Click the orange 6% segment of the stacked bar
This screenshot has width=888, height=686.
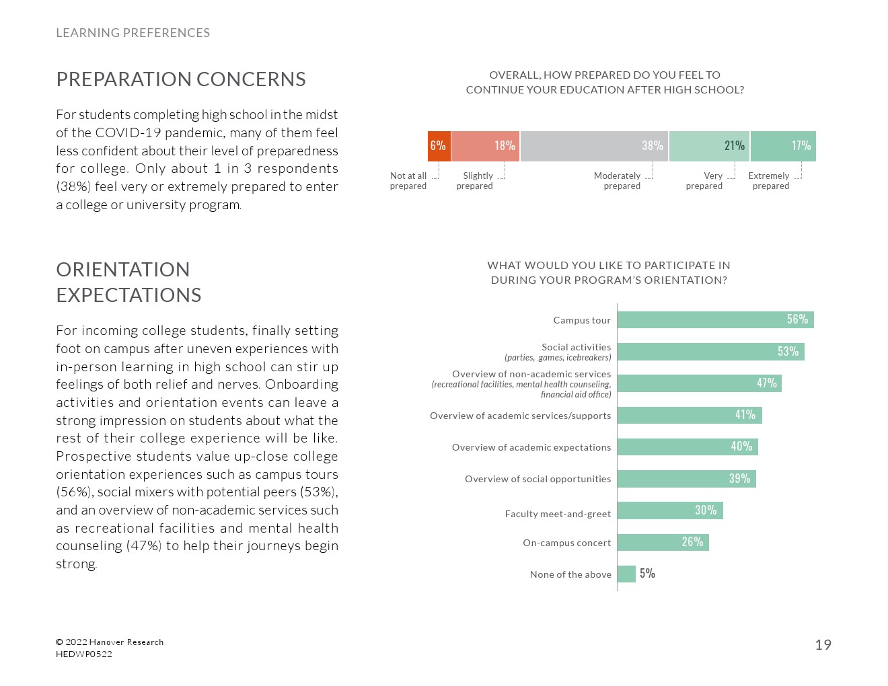pyautogui.click(x=439, y=146)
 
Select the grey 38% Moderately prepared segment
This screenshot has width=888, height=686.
pyautogui.click(x=594, y=146)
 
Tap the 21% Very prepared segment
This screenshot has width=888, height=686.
pyautogui.click(x=709, y=146)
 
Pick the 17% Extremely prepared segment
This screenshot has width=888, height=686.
pyautogui.click(x=783, y=146)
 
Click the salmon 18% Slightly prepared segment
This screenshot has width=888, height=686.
pyautogui.click(x=485, y=146)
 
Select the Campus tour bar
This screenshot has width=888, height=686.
pyautogui.click(x=715, y=319)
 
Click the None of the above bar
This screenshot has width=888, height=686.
pyautogui.click(x=626, y=574)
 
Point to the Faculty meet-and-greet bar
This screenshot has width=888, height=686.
pyautogui.click(x=669, y=510)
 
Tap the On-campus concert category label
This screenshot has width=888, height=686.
pyautogui.click(x=566, y=543)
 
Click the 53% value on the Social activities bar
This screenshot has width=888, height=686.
pyautogui.click(x=788, y=351)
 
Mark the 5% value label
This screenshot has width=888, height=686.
pyautogui.click(x=647, y=574)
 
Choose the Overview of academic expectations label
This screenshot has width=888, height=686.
pyautogui.click(x=531, y=447)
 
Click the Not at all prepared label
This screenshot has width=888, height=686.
pyautogui.click(x=408, y=181)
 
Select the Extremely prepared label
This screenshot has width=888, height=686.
pyautogui.click(x=770, y=181)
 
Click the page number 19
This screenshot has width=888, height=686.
pyautogui.click(x=823, y=645)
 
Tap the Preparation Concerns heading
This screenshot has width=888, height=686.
pyautogui.click(x=180, y=79)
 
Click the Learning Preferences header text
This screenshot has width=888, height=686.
pyautogui.click(x=133, y=33)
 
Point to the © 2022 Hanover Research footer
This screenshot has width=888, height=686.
pyautogui.click(x=110, y=642)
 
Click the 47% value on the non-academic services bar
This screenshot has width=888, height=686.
pyautogui.click(x=767, y=383)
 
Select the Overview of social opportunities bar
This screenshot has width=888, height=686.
pyautogui.click(x=686, y=479)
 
